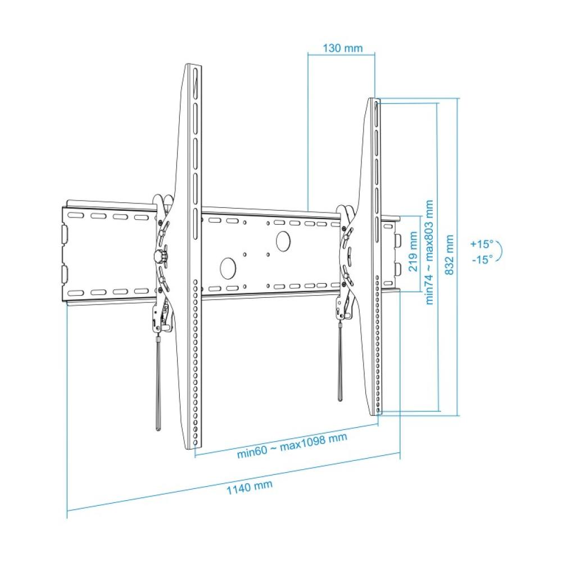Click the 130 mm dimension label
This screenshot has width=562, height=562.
342,48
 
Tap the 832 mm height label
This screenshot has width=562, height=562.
449,255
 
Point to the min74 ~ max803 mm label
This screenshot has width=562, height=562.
430,252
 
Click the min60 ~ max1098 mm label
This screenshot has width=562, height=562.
291,446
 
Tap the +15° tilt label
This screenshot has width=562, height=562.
481,244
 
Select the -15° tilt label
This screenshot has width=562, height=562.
482,259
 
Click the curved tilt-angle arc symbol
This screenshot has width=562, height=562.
498,252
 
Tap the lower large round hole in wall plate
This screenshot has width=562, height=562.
228,267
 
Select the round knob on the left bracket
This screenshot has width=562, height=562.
161,256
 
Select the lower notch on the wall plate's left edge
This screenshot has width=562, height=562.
64,274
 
